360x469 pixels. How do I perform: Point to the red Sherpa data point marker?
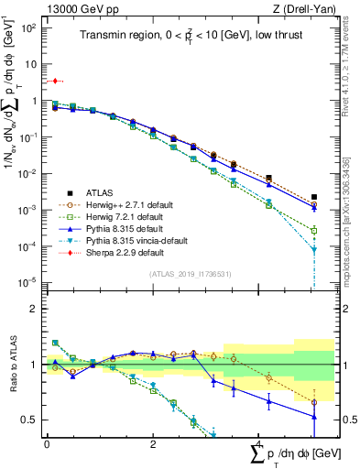click(55, 82)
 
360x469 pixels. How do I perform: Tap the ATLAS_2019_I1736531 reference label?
click(188, 274)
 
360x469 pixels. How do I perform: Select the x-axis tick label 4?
click(258, 443)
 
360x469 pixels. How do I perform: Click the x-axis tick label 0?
click(47, 443)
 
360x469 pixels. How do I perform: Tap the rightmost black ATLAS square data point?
click(314, 197)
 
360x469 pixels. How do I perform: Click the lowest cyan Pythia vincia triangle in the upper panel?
click(314, 249)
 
